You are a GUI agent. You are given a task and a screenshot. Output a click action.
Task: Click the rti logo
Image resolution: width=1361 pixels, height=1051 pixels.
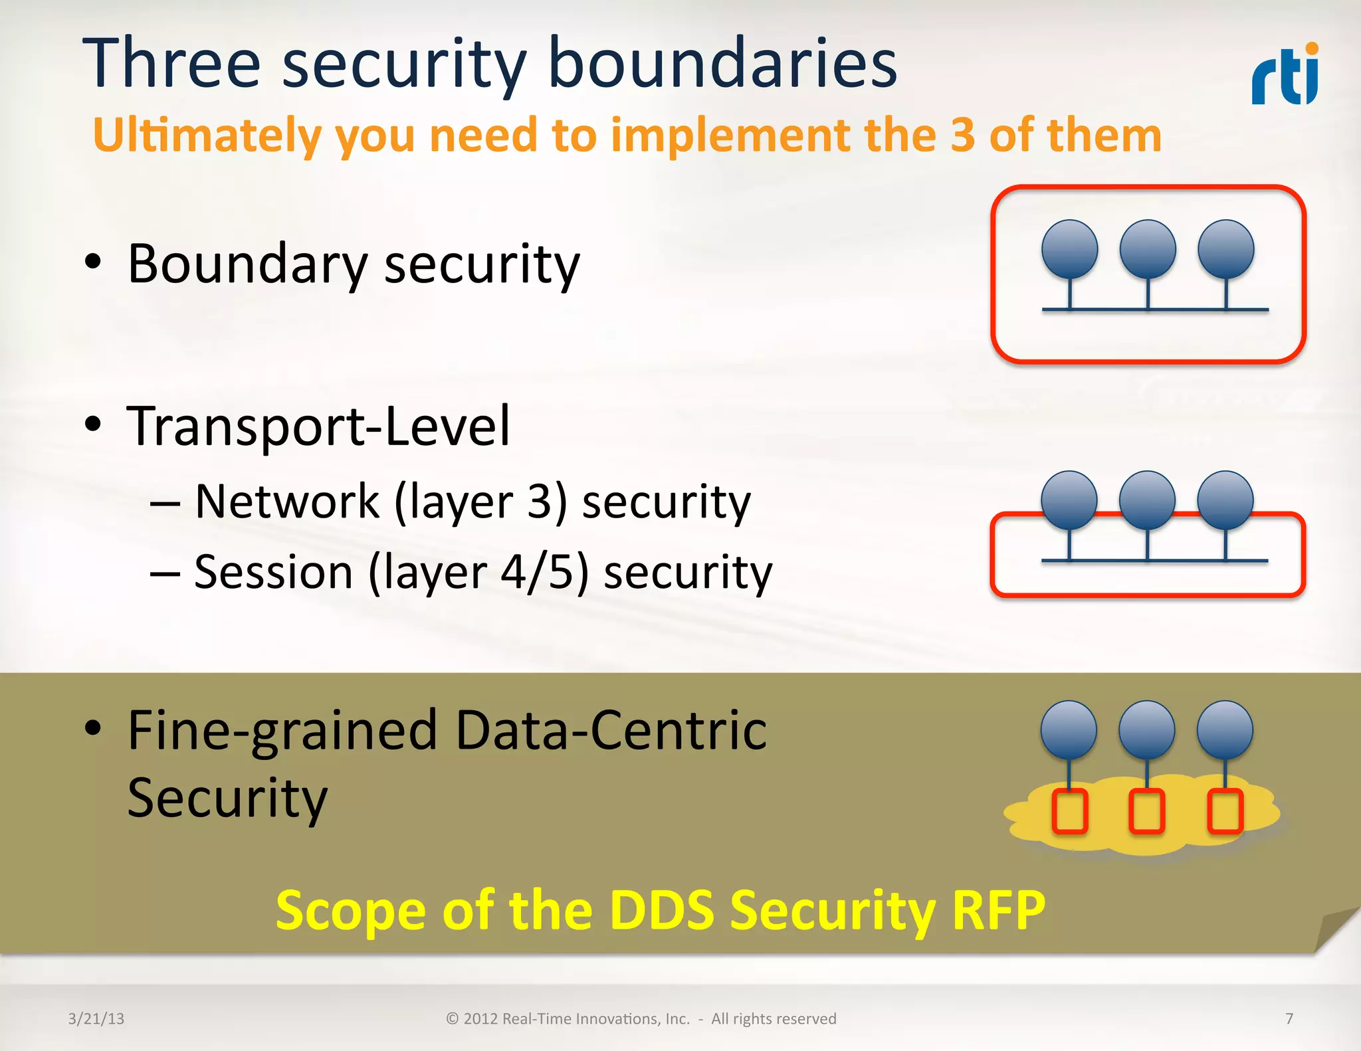pyautogui.click(x=1285, y=74)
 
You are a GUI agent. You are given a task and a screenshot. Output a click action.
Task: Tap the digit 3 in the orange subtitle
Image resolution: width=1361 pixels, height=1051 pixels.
pyautogui.click(x=962, y=135)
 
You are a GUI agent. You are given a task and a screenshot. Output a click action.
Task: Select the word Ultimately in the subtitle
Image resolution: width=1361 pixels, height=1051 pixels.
pyautogui.click(x=207, y=136)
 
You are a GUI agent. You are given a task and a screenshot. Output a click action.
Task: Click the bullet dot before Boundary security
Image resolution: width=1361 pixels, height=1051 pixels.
pyautogui.click(x=93, y=261)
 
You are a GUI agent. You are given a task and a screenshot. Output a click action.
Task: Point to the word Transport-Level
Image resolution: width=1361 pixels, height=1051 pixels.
pyautogui.click(x=318, y=426)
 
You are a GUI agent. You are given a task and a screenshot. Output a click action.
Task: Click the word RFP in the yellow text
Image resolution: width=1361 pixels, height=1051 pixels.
pyautogui.click(x=998, y=909)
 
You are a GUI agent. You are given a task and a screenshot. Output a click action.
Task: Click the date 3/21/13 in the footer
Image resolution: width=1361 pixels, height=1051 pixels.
pyautogui.click(x=96, y=1018)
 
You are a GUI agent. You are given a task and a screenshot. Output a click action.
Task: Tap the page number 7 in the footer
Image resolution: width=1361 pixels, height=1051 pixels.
pyautogui.click(x=1289, y=1018)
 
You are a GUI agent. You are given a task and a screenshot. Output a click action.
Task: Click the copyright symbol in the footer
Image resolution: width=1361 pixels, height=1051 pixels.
pyautogui.click(x=453, y=1018)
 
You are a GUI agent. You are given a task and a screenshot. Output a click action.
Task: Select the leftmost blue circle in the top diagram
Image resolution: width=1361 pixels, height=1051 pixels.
pyautogui.click(x=1069, y=249)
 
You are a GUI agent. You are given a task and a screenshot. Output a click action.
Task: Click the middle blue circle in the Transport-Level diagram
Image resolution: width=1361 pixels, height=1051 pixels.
pyautogui.click(x=1147, y=500)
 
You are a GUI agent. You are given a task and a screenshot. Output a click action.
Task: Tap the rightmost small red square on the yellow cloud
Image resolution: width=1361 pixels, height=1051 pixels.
pyautogui.click(x=1225, y=811)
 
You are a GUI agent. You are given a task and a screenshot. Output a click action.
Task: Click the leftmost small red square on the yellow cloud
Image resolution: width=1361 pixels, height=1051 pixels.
pyautogui.click(x=1070, y=811)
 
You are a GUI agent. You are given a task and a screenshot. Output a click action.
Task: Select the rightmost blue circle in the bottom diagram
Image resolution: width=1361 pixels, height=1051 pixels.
pyautogui.click(x=1225, y=729)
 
